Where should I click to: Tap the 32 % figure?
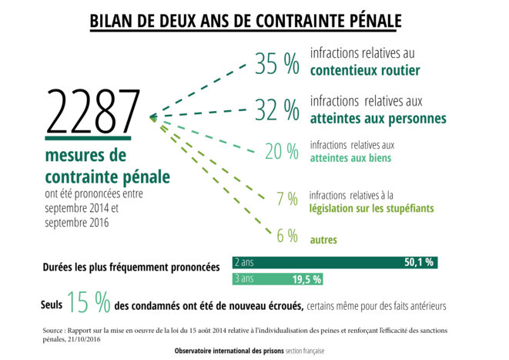pyautogui.click(x=277, y=110)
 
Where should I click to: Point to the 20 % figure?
pyautogui.click(x=281, y=152)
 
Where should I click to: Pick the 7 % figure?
pyautogui.click(x=286, y=199)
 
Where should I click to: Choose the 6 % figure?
pyautogui.click(x=287, y=236)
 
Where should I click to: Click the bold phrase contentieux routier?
pyautogui.click(x=364, y=71)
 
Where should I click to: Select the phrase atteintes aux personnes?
pyautogui.click(x=378, y=118)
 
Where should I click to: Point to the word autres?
pyautogui.click(x=323, y=240)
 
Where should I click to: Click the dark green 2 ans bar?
pyautogui.click(x=335, y=262)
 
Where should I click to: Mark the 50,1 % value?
pyautogui.click(x=419, y=262)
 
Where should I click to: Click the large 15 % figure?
pyautogui.click(x=89, y=303)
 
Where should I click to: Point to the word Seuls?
pyautogui.click(x=52, y=305)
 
